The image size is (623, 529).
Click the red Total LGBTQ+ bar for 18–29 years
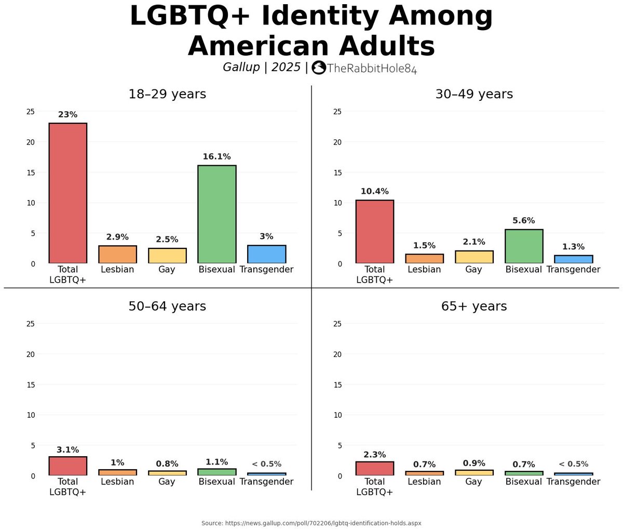[67, 193]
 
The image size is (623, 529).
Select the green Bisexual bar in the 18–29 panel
[216, 214]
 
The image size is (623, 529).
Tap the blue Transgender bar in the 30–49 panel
[573, 259]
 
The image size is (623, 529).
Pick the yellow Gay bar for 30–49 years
[473, 257]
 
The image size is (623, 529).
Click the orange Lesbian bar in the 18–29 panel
[117, 254]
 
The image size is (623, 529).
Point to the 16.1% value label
[216, 156]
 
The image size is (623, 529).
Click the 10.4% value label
[374, 191]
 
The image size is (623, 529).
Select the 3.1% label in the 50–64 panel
[67, 450]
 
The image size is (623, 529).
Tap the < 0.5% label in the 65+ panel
[573, 464]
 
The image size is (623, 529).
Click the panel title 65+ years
[473, 307]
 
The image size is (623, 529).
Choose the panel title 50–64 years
[167, 307]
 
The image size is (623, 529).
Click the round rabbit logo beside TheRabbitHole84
[319, 68]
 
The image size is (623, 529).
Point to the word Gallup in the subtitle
[241, 67]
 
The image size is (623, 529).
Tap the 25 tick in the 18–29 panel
[31, 112]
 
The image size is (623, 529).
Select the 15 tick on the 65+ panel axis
[337, 385]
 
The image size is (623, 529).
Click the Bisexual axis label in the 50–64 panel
[216, 482]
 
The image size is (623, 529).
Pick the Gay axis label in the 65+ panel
[473, 482]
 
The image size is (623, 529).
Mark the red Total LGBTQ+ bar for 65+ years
[374, 468]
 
